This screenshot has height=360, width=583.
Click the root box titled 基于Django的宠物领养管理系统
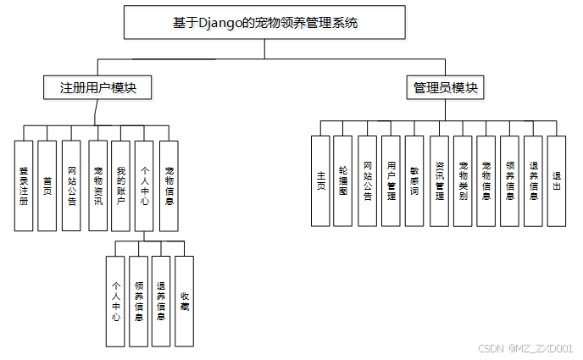[264, 23]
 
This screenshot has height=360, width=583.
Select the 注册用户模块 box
[97, 88]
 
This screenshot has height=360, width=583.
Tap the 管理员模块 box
[446, 88]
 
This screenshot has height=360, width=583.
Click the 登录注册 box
[24, 186]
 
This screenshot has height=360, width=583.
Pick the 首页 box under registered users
[47, 186]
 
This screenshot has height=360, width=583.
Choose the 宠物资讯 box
[97, 186]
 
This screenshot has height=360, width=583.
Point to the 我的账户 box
[121, 186]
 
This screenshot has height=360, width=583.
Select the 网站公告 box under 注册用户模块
[72, 186]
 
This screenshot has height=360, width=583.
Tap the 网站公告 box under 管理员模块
[367, 180]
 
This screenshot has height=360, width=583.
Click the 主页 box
[320, 180]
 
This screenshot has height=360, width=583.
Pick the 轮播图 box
[342, 180]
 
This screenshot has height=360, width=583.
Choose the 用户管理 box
[391, 180]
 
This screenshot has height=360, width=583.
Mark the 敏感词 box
[414, 180]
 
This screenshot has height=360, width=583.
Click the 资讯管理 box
[438, 180]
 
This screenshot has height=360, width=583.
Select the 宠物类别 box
[462, 180]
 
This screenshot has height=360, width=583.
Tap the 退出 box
[556, 180]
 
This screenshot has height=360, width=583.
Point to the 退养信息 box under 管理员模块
[533, 180]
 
